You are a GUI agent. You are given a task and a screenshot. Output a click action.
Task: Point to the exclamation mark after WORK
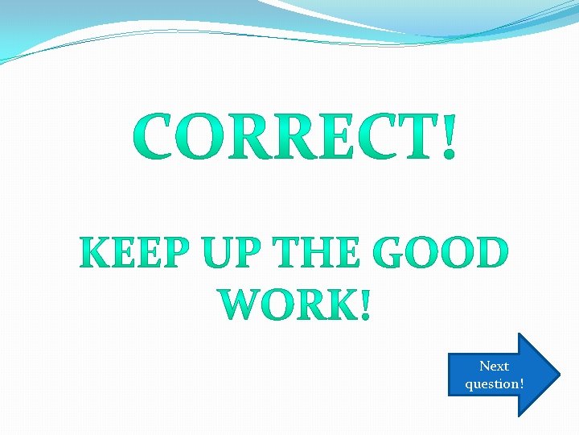[366, 303]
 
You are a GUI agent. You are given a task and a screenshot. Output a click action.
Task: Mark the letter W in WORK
[240, 303]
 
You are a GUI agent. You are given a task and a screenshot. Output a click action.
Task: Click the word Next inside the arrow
[494, 367]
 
